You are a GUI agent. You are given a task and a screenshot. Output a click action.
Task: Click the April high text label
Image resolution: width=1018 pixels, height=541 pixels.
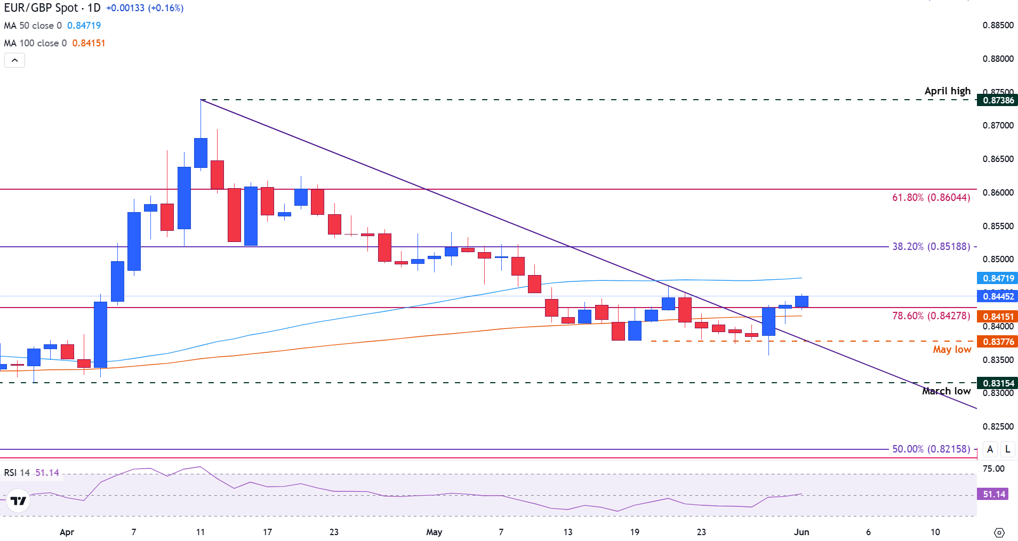click(x=947, y=91)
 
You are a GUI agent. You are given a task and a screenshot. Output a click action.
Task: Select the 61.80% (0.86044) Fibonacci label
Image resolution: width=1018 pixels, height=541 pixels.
click(x=931, y=198)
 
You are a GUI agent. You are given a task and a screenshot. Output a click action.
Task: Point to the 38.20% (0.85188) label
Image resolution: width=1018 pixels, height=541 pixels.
click(x=931, y=247)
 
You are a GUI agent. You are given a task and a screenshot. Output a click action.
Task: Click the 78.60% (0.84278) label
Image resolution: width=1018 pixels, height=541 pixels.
click(x=931, y=316)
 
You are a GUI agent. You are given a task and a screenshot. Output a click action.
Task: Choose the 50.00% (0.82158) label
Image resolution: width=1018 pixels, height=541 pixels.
click(x=931, y=449)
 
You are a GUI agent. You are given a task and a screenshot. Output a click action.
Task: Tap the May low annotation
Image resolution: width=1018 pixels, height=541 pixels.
click(x=952, y=350)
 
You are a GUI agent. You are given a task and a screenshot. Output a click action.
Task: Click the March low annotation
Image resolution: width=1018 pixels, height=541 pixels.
click(x=946, y=391)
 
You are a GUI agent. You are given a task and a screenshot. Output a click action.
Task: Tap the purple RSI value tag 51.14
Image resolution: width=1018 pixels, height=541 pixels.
click(x=994, y=494)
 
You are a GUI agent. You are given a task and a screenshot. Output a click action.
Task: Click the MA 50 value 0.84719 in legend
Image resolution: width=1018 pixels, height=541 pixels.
click(x=84, y=26)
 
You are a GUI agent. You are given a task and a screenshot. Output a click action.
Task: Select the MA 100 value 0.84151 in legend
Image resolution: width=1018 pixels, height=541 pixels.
click(x=89, y=43)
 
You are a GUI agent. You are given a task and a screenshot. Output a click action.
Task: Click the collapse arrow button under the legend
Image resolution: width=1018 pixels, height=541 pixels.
click(x=14, y=60)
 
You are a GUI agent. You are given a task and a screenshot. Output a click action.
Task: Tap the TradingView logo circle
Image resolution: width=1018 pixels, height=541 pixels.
click(x=18, y=501)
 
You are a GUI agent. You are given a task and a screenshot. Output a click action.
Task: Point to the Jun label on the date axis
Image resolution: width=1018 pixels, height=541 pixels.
click(x=801, y=532)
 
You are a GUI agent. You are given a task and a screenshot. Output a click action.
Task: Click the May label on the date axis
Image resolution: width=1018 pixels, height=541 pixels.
click(x=434, y=532)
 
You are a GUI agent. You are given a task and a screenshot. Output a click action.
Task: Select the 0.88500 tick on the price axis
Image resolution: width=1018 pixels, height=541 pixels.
click(x=998, y=26)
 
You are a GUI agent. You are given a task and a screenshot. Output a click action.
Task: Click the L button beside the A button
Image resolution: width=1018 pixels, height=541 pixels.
click(x=1007, y=449)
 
